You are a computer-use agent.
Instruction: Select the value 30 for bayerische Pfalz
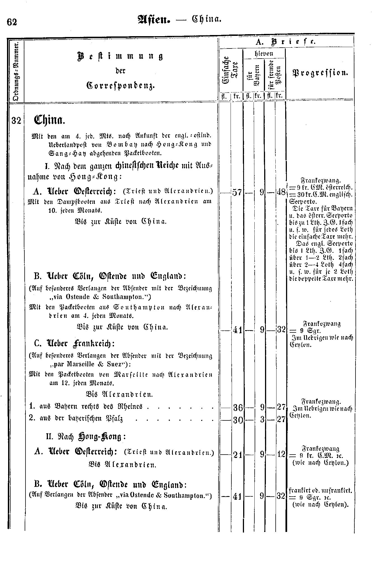(x=238, y=420)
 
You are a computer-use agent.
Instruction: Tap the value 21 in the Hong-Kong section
(x=237, y=455)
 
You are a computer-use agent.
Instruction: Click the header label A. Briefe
(x=286, y=42)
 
